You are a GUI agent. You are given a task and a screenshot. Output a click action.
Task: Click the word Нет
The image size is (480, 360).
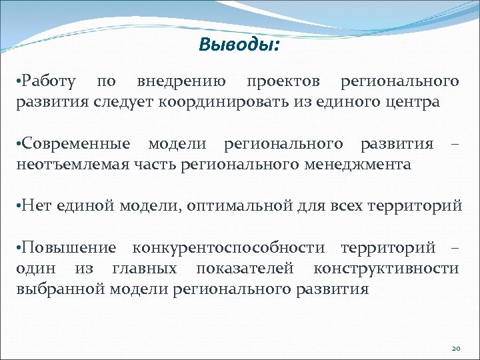coord(33,206)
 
